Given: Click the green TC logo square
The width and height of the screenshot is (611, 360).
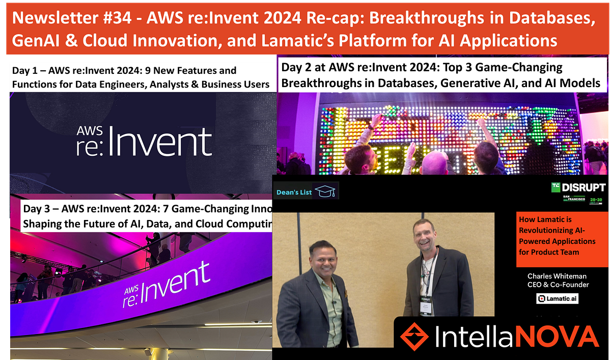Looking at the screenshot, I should [554, 187].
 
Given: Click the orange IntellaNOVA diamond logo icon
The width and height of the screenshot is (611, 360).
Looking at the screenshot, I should [415, 337].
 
